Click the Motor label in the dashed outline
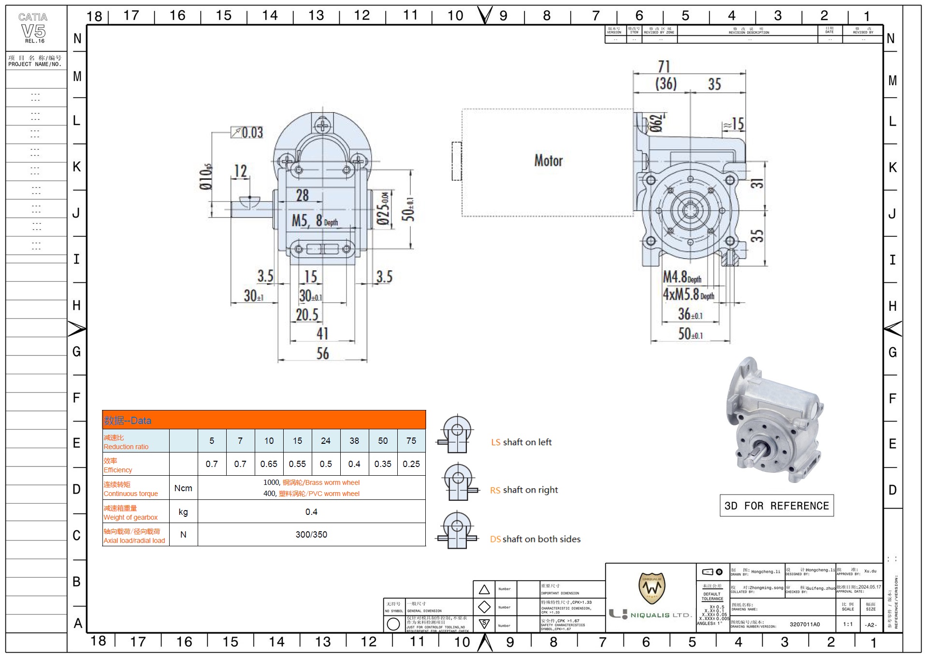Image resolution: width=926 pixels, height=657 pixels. (549, 161)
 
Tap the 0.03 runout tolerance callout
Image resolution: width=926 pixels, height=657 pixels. (247, 132)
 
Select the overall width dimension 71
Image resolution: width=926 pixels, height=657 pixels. (664, 67)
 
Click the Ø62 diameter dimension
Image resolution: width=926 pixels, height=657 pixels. (656, 123)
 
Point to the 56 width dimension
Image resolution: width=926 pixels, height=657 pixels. (322, 353)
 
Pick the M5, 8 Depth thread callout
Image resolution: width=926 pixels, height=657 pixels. (315, 221)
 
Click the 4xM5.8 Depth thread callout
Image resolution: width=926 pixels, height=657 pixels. (688, 294)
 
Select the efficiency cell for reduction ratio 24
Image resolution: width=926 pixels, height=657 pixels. (326, 464)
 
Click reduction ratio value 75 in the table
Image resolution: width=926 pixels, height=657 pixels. (411, 440)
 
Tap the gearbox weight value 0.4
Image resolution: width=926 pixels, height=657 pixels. (311, 511)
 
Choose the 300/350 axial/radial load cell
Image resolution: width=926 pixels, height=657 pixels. (311, 534)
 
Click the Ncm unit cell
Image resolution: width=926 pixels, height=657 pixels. (183, 488)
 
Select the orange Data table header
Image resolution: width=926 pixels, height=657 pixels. (264, 420)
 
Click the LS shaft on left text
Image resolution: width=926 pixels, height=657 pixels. (521, 442)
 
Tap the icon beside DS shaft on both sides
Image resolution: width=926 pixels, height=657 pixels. (457, 530)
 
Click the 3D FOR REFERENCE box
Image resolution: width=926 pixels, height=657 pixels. (776, 506)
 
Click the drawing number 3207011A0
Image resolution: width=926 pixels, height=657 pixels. (805, 624)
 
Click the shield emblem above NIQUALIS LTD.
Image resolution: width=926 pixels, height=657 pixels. (651, 588)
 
